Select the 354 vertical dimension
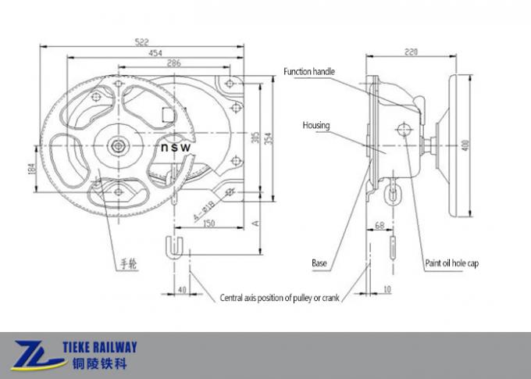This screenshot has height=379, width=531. point(269,138)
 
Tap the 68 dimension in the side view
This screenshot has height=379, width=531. point(380,225)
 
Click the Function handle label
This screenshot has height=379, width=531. point(309,72)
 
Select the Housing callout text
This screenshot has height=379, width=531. point(316,125)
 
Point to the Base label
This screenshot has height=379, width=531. point(319,263)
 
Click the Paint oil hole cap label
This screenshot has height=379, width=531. point(451,263)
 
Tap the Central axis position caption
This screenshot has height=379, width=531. point(279,298)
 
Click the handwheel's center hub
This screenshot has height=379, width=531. point(117,145)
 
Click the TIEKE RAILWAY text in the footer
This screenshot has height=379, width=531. point(104,347)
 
